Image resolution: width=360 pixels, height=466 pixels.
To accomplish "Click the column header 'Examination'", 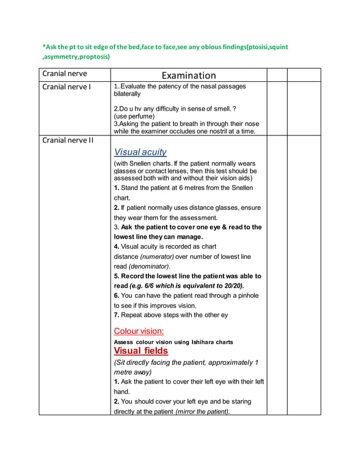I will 188,76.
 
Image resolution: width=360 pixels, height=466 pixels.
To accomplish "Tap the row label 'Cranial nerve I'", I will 67,87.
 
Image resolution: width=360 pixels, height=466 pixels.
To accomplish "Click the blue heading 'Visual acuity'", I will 140,152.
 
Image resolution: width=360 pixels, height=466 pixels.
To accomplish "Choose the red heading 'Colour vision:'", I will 139,331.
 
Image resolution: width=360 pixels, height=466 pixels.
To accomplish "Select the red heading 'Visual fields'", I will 141,351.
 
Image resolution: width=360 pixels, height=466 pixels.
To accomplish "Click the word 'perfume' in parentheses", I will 142,116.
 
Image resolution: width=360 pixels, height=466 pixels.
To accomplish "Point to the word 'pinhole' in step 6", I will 247,296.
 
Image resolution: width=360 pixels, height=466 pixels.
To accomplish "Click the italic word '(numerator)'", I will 158,257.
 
